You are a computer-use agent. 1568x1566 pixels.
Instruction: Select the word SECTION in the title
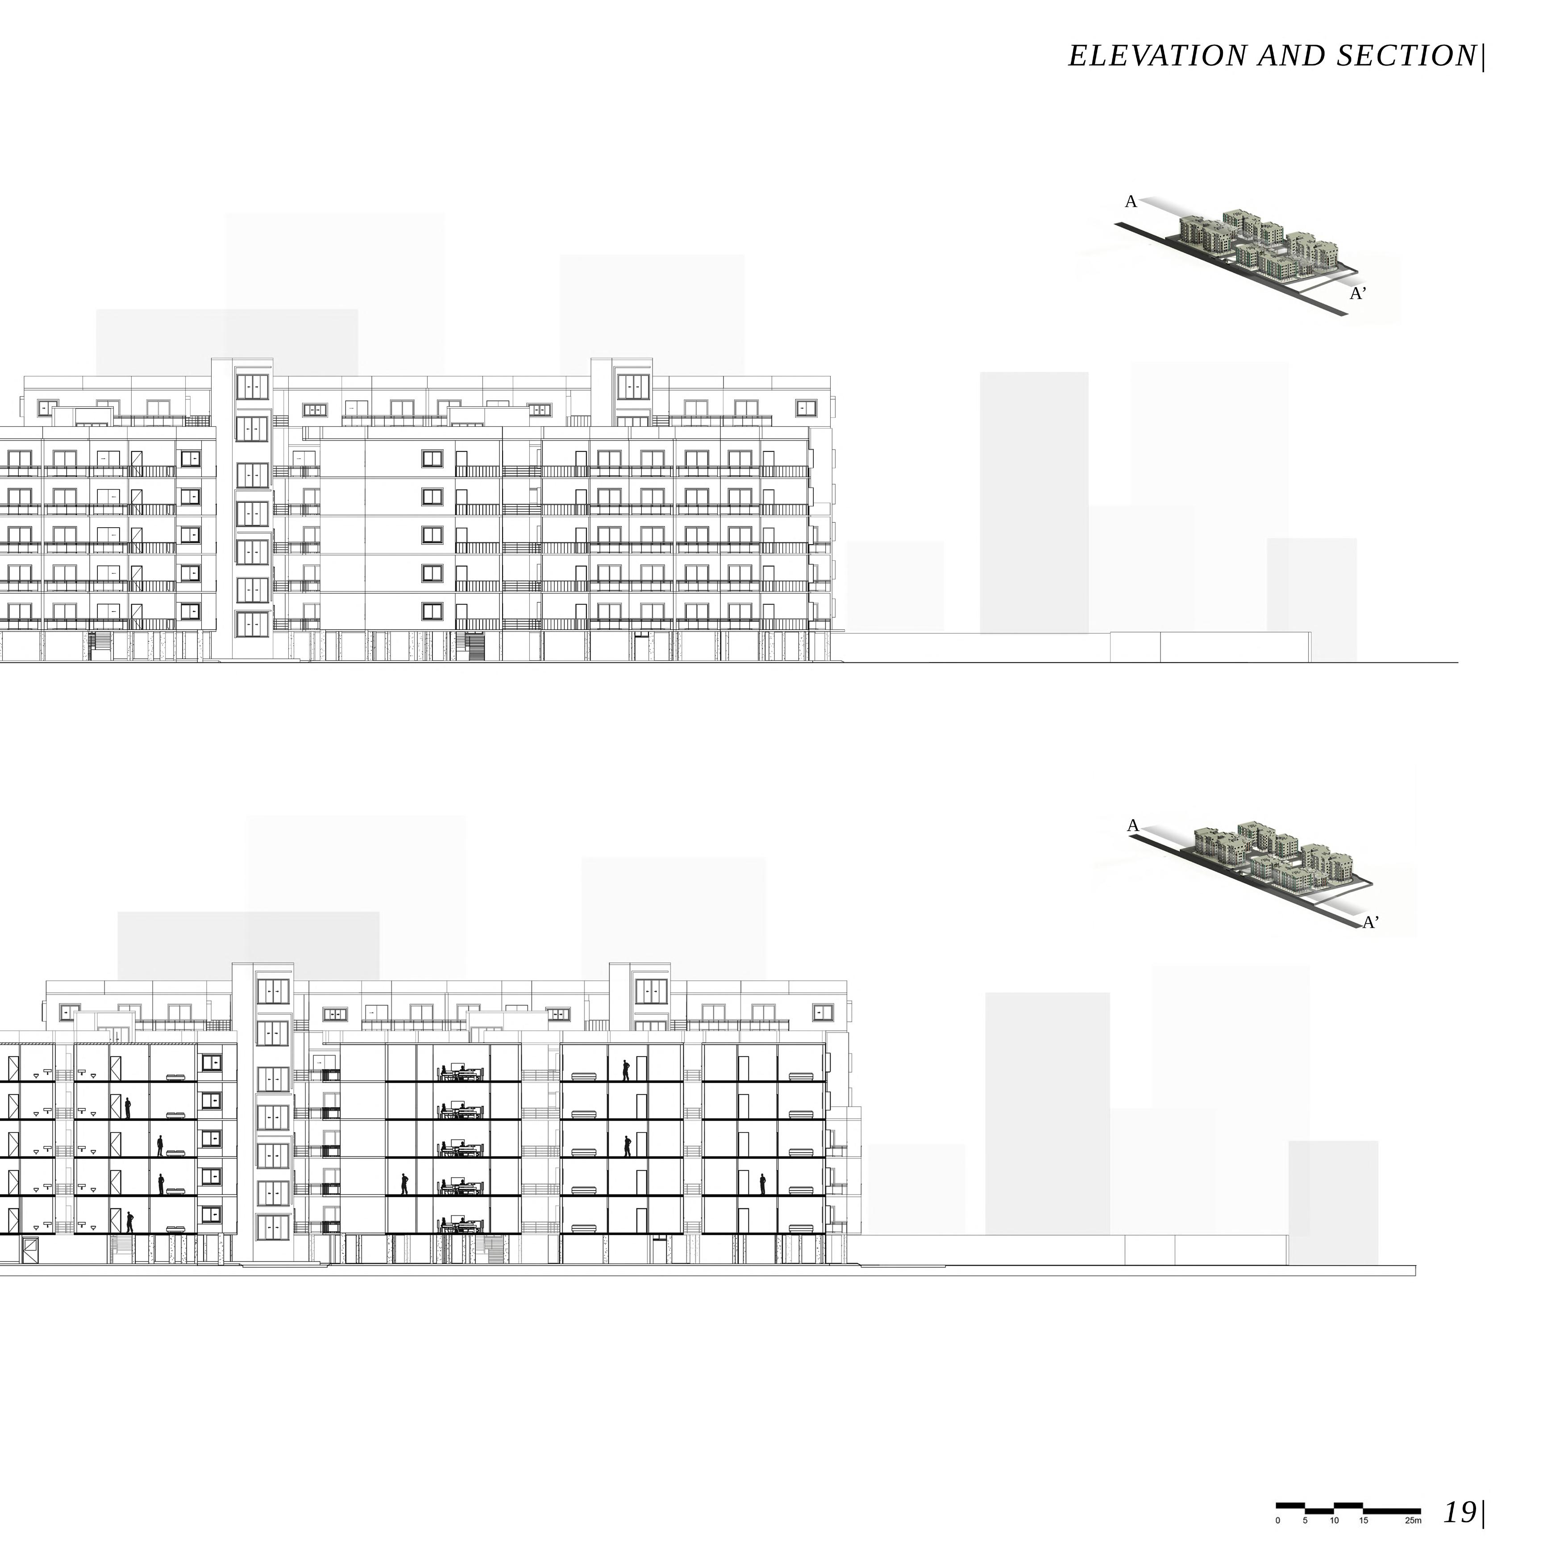coord(1406,56)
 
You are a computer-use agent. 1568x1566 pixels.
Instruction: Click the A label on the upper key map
coord(1131,202)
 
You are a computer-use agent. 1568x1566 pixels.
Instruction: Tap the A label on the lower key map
coord(1133,825)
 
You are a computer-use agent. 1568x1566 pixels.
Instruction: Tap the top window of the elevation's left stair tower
coord(252,387)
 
